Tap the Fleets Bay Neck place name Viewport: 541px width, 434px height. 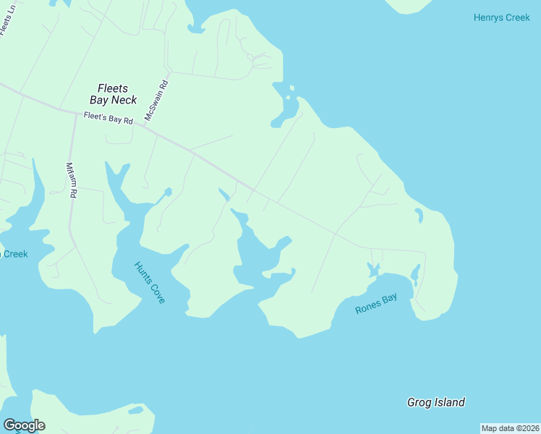tap(113, 94)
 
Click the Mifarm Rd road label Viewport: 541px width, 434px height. tap(71, 180)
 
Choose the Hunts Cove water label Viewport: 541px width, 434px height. tap(150, 282)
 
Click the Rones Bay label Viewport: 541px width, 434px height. tap(376, 304)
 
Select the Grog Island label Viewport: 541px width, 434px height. tap(435, 402)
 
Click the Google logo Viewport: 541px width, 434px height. tap(24, 425)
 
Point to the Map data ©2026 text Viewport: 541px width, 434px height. tap(511, 428)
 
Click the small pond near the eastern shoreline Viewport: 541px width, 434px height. tap(418, 215)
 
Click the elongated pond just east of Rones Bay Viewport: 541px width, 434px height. tap(415, 273)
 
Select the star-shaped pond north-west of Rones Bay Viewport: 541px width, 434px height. tap(373, 270)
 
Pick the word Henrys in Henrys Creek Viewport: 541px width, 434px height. tap(486, 17)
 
